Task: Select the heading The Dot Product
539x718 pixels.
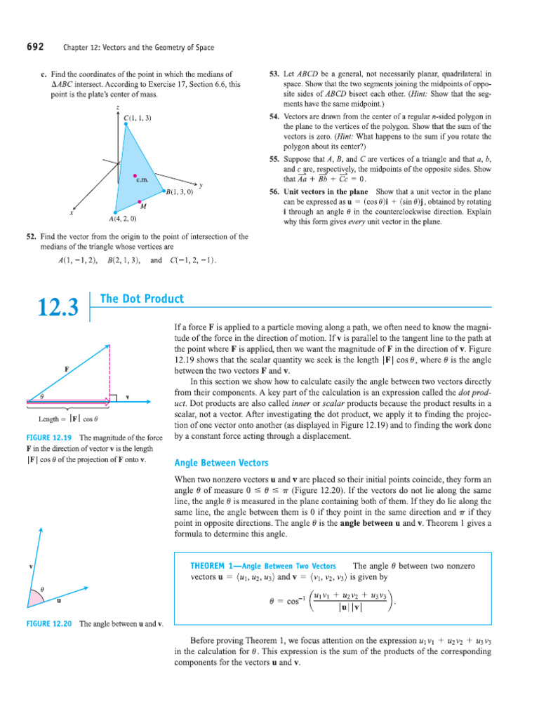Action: point(142,299)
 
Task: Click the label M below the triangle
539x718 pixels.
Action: point(143,207)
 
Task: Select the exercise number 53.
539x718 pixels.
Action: point(274,73)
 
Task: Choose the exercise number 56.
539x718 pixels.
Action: point(274,191)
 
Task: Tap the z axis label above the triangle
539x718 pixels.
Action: point(117,107)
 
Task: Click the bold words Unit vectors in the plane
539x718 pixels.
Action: point(326,191)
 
